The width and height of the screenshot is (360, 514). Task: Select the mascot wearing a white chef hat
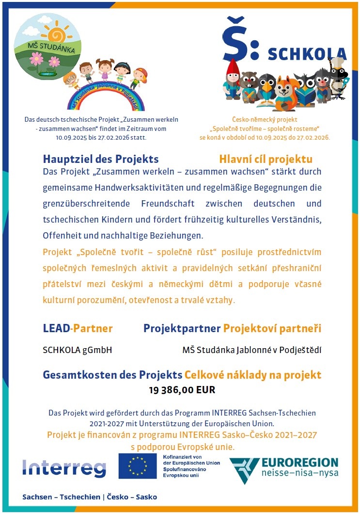pos(338,78)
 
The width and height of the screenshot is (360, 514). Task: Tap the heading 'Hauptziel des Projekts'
pos(101,159)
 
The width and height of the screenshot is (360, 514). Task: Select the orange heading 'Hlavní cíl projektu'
pos(266,159)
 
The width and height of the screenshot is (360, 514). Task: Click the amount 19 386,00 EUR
pos(182,389)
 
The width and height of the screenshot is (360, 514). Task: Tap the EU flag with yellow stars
pos(138,466)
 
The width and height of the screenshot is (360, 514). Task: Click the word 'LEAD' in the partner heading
pos(56,328)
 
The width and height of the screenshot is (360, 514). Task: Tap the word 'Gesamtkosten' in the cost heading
pos(73,375)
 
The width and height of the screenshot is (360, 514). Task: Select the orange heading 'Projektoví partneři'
pos(272,328)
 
